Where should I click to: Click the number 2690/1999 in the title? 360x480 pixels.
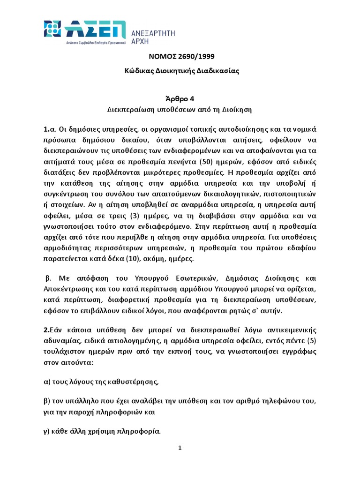point(193,57)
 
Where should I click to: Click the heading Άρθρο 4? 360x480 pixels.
point(180,98)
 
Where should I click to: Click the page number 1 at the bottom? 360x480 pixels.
point(180,448)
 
